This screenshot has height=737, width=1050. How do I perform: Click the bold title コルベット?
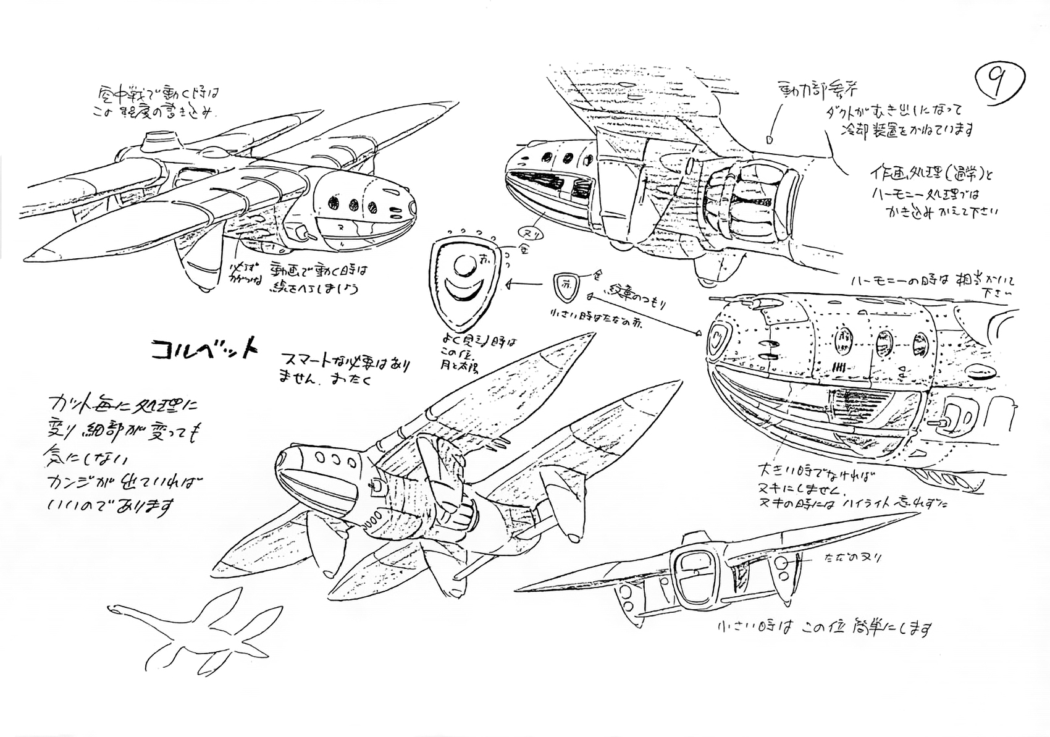204,350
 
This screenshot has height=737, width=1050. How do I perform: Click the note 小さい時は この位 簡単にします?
825,629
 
